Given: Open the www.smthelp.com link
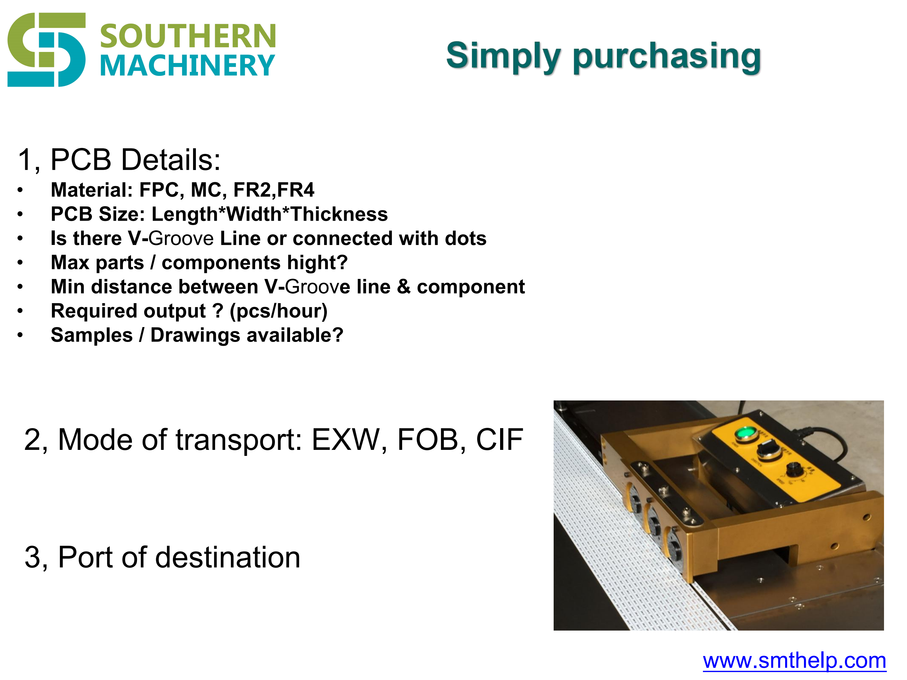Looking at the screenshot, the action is [794, 661].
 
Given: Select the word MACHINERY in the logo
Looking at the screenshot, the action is [187, 65].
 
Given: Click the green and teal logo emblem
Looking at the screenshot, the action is [46, 50].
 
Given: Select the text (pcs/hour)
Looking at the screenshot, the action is [278, 311].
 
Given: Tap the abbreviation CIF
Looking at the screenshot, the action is [499, 440].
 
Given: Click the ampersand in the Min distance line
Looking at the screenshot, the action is [404, 287].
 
